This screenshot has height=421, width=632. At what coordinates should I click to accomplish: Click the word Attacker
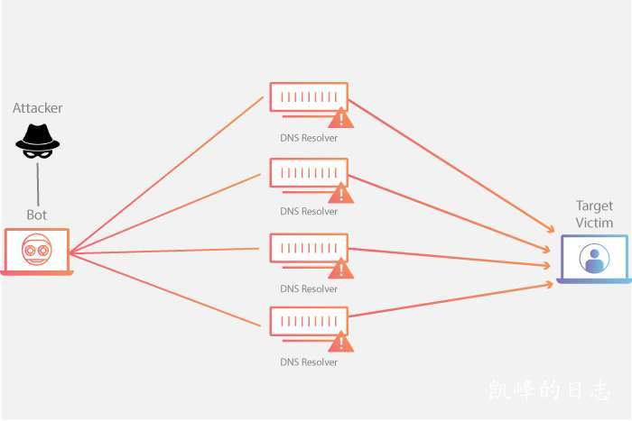pyautogui.click(x=38, y=108)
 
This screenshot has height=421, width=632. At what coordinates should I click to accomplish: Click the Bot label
pyautogui.click(x=37, y=215)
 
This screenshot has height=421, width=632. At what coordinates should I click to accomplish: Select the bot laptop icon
pyautogui.click(x=37, y=251)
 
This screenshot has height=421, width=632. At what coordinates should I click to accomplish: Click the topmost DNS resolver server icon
pyautogui.click(x=307, y=98)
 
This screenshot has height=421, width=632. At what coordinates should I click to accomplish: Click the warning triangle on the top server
pyautogui.click(x=340, y=118)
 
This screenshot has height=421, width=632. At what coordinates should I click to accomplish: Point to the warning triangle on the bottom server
pyautogui.click(x=340, y=342)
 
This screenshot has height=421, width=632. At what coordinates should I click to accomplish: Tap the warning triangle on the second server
pyautogui.click(x=340, y=193)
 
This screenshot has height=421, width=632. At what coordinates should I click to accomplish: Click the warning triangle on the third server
pyautogui.click(x=340, y=269)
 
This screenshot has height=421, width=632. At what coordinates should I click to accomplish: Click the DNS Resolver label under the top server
pyautogui.click(x=309, y=138)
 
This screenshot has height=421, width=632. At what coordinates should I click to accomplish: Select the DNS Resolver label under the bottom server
pyautogui.click(x=309, y=362)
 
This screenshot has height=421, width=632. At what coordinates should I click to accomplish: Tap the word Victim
pyautogui.click(x=594, y=223)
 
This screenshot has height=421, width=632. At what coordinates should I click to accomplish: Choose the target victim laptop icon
pyautogui.click(x=593, y=260)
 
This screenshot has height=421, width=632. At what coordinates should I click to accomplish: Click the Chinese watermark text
pyautogui.click(x=549, y=390)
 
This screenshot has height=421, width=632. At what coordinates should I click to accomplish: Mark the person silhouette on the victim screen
pyautogui.click(x=593, y=259)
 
